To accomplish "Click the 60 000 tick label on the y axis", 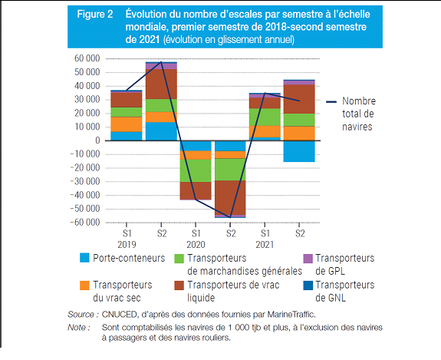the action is click(87, 58).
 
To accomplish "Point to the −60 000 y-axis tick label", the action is click(85, 223).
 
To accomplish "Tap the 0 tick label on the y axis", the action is click(97, 140).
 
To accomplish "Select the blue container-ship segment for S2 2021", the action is click(299, 151).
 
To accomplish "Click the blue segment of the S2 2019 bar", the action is click(161, 131).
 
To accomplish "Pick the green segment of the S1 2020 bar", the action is click(196, 170).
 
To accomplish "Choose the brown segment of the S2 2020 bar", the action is click(230, 197).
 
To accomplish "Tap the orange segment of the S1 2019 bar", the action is click(127, 124).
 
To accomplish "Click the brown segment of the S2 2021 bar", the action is click(299, 99).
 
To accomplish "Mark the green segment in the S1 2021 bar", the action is click(265, 117).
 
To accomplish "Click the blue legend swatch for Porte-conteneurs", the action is click(84, 258).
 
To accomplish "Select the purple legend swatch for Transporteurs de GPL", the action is click(308, 258).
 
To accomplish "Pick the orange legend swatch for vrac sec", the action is click(84, 285).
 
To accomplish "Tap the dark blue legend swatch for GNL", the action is click(308, 285).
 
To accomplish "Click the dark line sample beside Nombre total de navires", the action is click(331, 101).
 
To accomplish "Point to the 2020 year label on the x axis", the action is click(196, 244).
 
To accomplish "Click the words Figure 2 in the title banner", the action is click(95, 14).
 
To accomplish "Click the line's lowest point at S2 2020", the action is click(230, 217).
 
